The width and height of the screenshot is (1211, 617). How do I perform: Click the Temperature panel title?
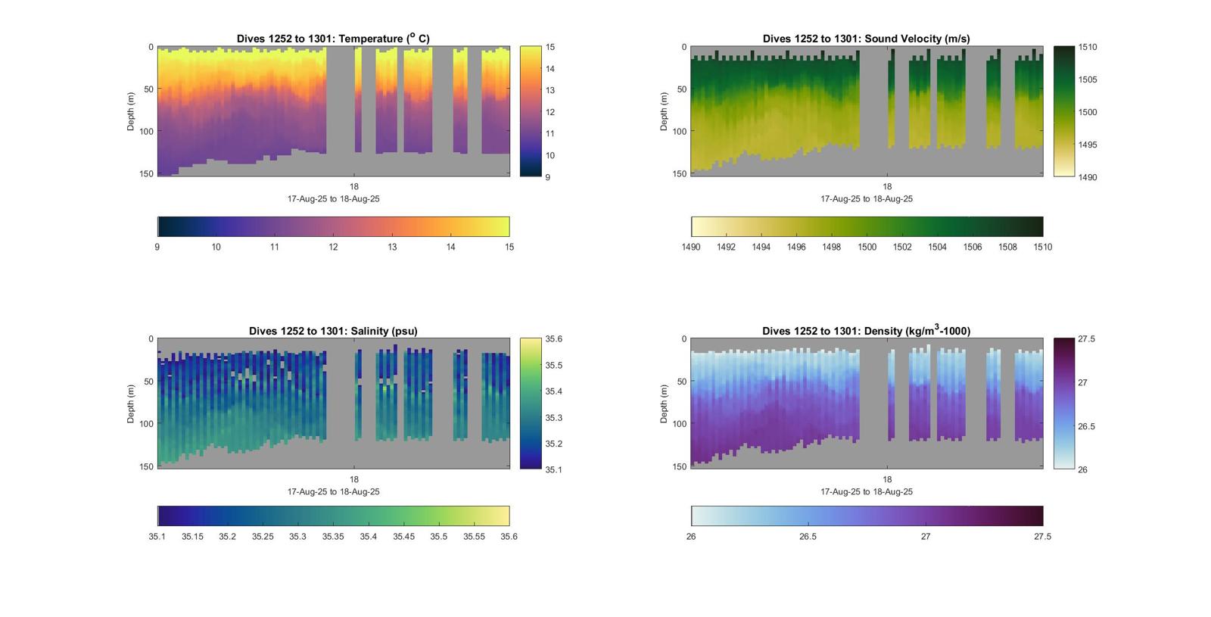333,39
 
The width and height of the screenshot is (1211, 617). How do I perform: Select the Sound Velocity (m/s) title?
866,39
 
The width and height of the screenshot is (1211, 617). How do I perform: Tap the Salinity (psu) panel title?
333,331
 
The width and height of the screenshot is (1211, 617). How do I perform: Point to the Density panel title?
866,331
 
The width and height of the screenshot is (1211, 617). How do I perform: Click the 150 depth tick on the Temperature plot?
146,174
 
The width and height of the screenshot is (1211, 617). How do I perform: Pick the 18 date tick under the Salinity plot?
353,479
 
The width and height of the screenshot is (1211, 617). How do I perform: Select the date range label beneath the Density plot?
867,491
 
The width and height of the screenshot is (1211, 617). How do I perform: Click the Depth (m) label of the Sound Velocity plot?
664,111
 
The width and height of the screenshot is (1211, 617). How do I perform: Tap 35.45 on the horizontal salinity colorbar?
403,537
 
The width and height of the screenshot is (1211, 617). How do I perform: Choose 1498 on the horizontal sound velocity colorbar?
831,247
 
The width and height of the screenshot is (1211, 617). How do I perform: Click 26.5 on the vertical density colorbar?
1086,426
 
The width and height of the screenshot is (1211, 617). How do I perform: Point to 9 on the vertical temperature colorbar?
548,177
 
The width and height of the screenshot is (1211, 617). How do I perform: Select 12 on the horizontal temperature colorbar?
333,247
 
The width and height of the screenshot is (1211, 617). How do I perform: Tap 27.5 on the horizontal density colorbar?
1042,537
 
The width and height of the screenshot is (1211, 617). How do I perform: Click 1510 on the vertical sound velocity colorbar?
1088,47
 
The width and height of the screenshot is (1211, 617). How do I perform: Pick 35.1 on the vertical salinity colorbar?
553,469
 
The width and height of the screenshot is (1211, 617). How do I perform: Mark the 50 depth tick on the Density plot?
681,382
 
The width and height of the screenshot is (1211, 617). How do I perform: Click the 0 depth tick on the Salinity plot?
151,339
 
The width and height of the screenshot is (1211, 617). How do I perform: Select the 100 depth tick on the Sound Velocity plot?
679,132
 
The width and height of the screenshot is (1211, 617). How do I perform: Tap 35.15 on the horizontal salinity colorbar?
192,537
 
